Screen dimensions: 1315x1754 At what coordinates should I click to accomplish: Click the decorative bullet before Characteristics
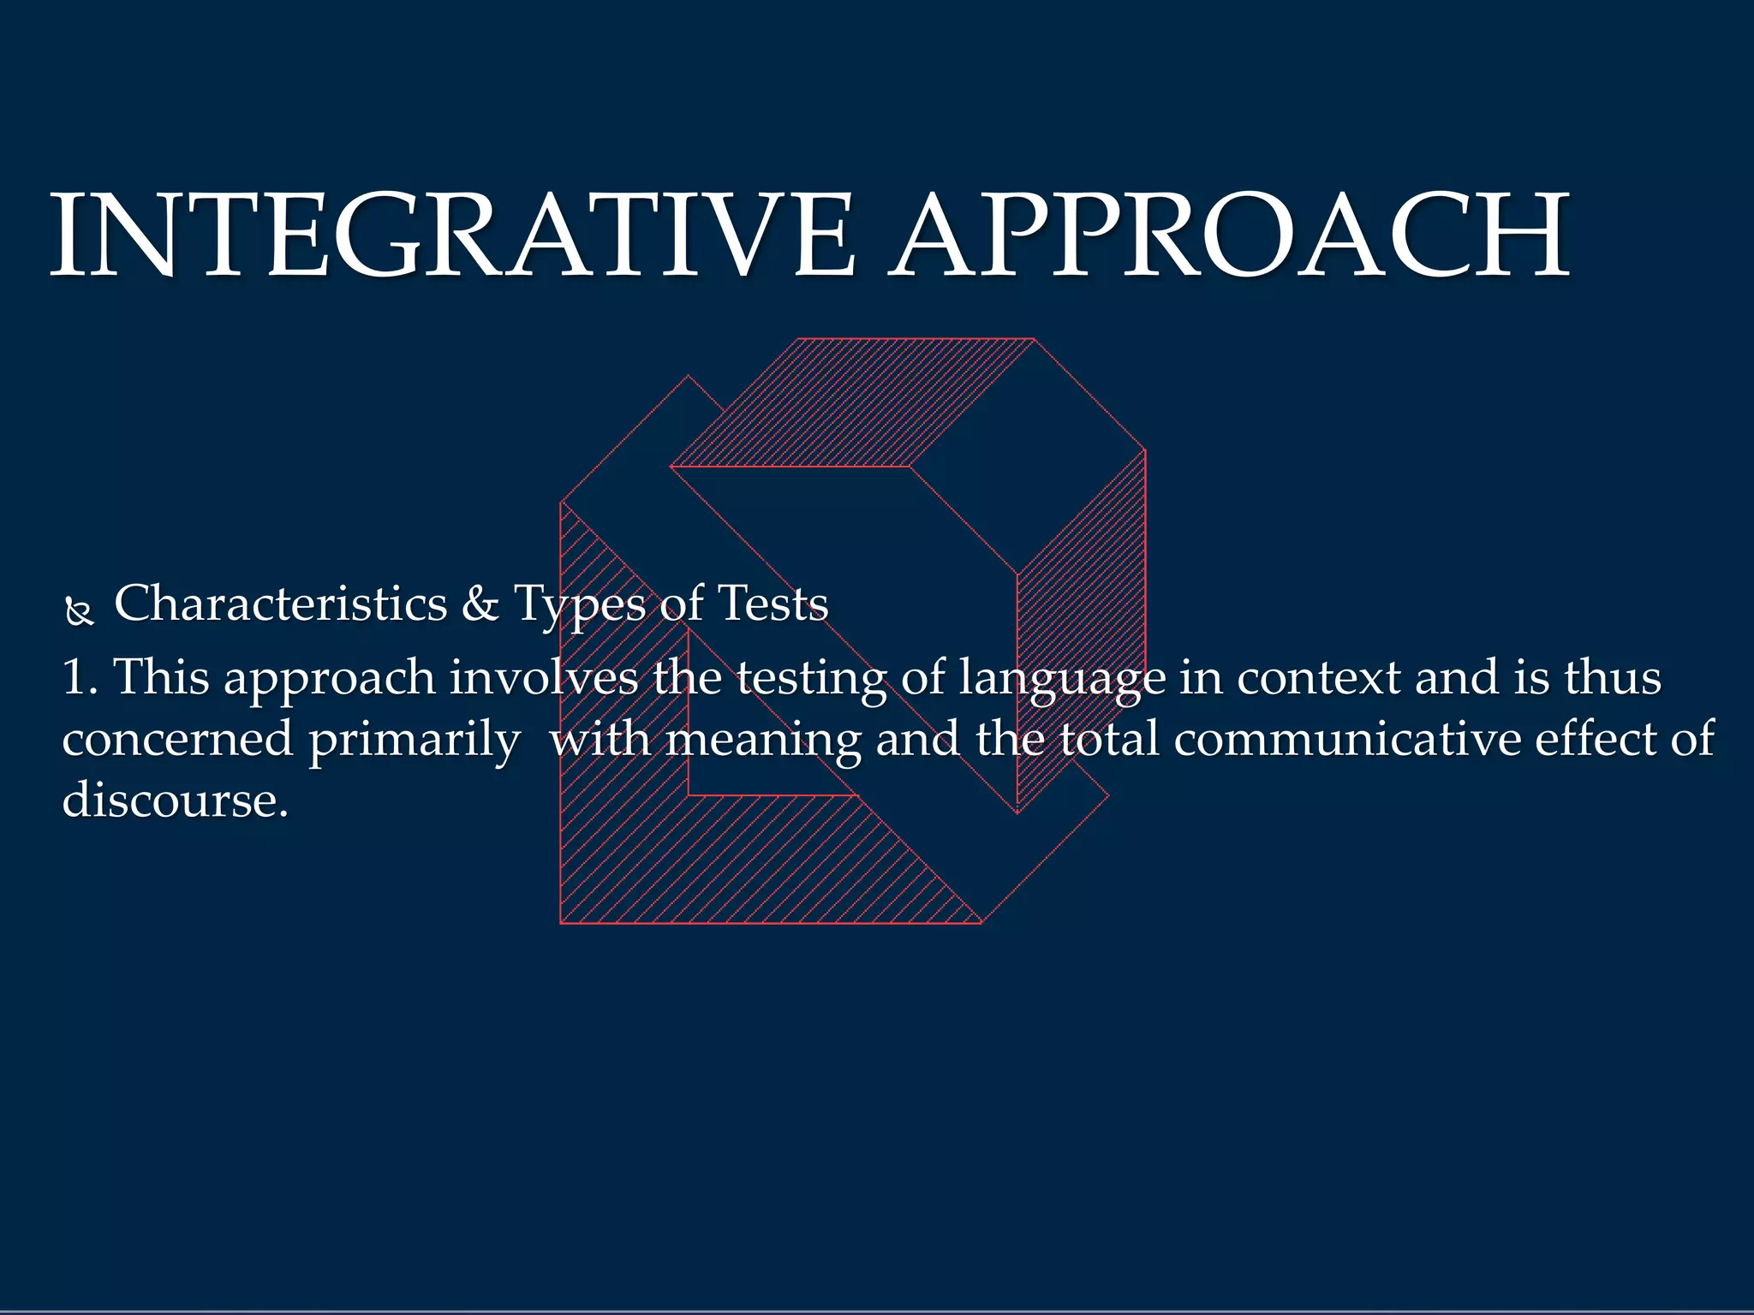(x=79, y=611)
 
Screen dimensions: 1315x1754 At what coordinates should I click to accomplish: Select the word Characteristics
(x=280, y=604)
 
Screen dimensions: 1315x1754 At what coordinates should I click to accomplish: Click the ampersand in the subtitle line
(x=480, y=604)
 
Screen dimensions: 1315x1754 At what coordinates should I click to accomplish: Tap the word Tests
(x=773, y=604)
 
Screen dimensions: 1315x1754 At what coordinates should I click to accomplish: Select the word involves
(x=544, y=677)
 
